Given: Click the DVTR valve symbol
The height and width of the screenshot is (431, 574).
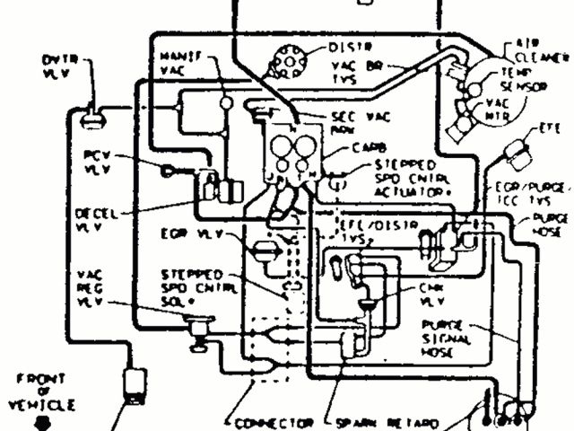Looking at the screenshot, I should [x=91, y=117].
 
